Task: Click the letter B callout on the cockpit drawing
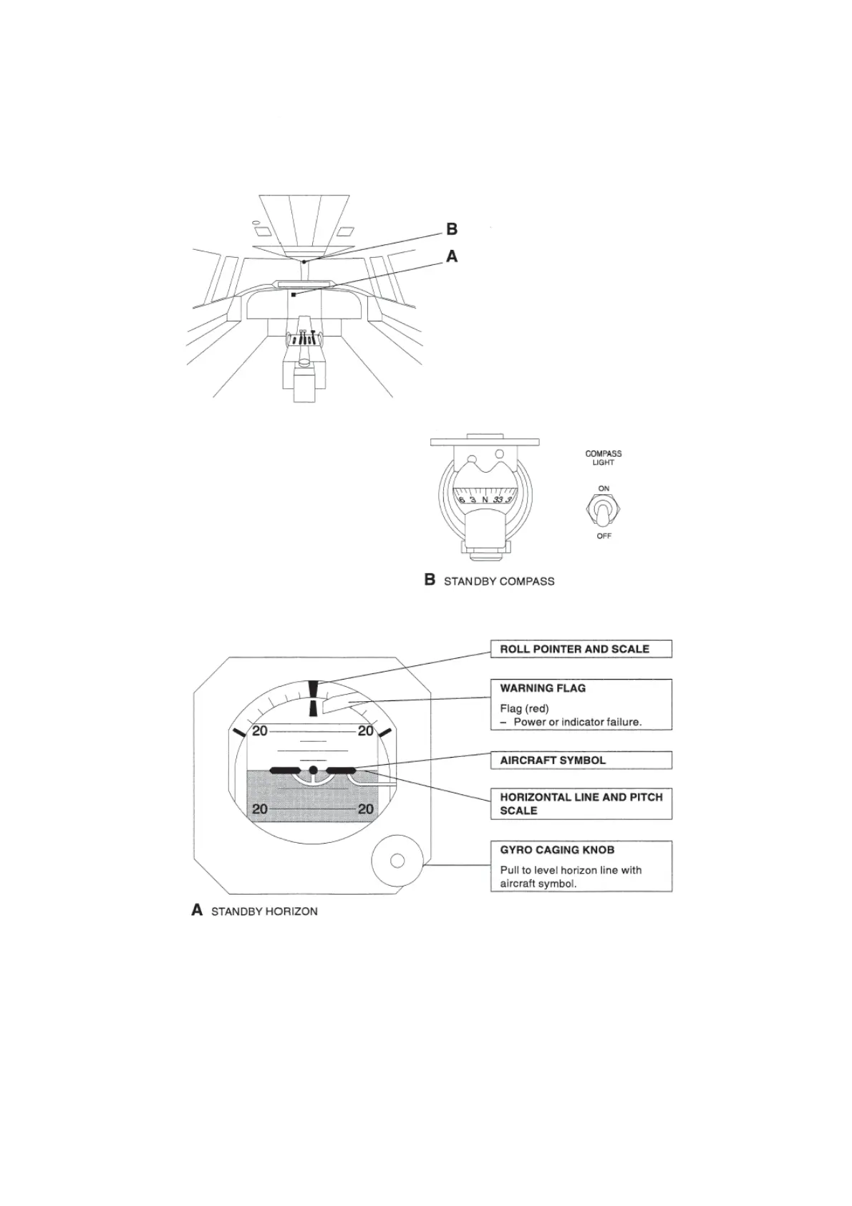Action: click(452, 229)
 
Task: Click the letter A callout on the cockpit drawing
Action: click(452, 256)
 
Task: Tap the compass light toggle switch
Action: click(604, 511)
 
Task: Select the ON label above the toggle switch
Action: click(604, 488)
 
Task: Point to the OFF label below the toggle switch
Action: click(604, 536)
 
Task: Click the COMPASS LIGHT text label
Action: click(604, 458)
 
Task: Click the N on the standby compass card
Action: click(485, 499)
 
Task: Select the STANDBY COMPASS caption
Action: click(499, 581)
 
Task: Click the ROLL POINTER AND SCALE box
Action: click(581, 649)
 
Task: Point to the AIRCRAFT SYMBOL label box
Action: click(581, 760)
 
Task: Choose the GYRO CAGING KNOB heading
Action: click(557, 850)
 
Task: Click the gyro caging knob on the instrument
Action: click(397, 860)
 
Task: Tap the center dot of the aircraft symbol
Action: click(313, 771)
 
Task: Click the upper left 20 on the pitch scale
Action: click(260, 731)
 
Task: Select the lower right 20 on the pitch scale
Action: click(365, 809)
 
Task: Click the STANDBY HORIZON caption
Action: click(264, 912)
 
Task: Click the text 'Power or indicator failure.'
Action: click(577, 722)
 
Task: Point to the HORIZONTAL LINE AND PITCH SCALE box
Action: click(581, 804)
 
